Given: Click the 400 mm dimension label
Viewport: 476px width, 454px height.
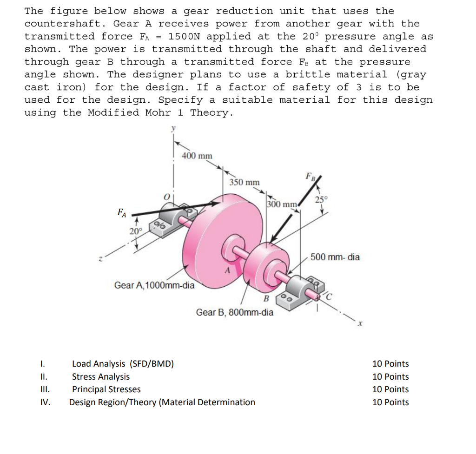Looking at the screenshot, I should point(197,156).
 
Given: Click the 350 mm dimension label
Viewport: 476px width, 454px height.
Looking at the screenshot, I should point(245,182).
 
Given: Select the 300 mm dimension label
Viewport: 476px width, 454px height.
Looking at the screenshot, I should point(282,204).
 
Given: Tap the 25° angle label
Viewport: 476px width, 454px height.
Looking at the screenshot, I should point(321,200).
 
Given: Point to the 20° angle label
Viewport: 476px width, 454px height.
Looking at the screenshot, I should point(135,231).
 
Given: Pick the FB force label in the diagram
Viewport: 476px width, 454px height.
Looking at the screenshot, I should point(310,177).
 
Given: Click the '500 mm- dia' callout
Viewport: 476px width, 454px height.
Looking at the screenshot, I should point(335,257).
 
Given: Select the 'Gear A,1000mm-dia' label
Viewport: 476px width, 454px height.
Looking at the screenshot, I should point(154,285).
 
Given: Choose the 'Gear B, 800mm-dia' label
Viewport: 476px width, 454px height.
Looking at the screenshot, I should point(235,312).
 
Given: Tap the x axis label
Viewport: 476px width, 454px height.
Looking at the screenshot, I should point(359,324).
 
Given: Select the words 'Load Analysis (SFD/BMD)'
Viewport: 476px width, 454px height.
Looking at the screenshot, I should point(123,364).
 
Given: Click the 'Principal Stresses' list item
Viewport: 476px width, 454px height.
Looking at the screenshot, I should point(106,389).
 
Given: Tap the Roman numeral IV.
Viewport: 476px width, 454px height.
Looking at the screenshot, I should point(45,402).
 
